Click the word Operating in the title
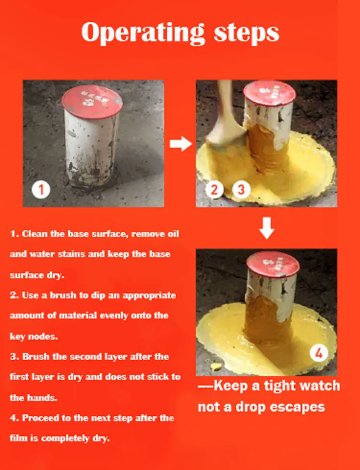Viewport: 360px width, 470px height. point(143,33)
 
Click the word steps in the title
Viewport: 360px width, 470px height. point(247,33)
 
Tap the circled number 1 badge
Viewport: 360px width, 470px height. point(41,189)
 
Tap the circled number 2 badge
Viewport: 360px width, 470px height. point(214,189)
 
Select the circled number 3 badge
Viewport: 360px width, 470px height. point(241,189)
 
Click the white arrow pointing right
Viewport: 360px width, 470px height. point(180,144)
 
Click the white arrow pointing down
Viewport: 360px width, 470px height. point(266,228)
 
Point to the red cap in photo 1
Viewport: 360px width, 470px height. point(92,102)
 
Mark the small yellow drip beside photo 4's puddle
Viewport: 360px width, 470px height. point(216,366)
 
